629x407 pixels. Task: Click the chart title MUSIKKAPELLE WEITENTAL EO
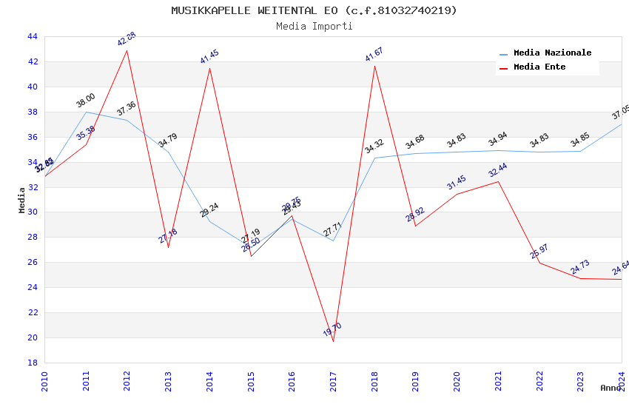click(x=314, y=10)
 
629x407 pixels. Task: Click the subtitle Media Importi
click(x=314, y=26)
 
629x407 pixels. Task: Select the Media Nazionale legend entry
click(x=552, y=53)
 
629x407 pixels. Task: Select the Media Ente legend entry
click(x=539, y=67)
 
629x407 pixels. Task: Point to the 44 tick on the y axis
click(x=32, y=36)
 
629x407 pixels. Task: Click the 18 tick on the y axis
click(x=32, y=363)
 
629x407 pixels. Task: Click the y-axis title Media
click(x=22, y=200)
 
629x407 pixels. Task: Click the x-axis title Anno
click(x=610, y=388)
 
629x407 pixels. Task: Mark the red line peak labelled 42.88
click(x=127, y=50)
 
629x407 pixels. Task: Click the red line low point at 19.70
click(x=333, y=341)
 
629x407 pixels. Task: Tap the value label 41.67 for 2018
click(x=374, y=54)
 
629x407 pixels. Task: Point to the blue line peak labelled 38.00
click(x=87, y=112)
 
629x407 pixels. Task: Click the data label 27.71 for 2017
click(x=332, y=230)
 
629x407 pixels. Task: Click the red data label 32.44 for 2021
click(x=497, y=171)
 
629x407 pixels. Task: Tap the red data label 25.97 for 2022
click(x=539, y=252)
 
